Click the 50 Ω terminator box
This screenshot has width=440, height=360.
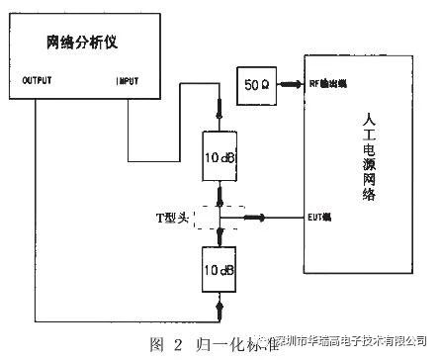click(x=254, y=83)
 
